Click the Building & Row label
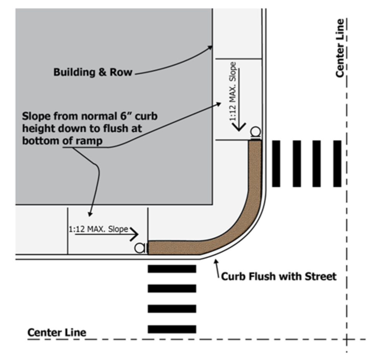coord(92,72)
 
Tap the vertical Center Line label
coord(340,48)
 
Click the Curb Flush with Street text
coord(279,276)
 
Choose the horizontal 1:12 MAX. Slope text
coord(98,230)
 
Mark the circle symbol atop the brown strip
coord(255,132)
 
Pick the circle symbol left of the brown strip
coord(140,248)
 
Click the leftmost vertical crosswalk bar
coord(276,164)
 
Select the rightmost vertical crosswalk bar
coord(337,164)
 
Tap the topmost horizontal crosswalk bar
coord(172,269)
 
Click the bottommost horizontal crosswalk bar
coord(172,329)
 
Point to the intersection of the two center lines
coord(347,339)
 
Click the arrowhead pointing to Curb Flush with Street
coord(216,261)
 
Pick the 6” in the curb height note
coord(124,116)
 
